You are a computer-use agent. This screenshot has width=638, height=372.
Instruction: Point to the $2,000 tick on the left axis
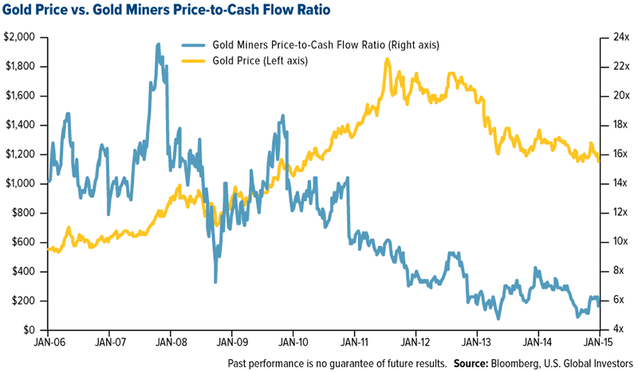coord(22,37)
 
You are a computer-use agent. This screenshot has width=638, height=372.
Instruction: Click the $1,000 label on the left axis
coord(22,184)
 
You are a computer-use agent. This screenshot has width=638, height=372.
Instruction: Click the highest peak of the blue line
coord(158,45)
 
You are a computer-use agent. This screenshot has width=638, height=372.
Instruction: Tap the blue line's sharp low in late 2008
coord(215,281)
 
